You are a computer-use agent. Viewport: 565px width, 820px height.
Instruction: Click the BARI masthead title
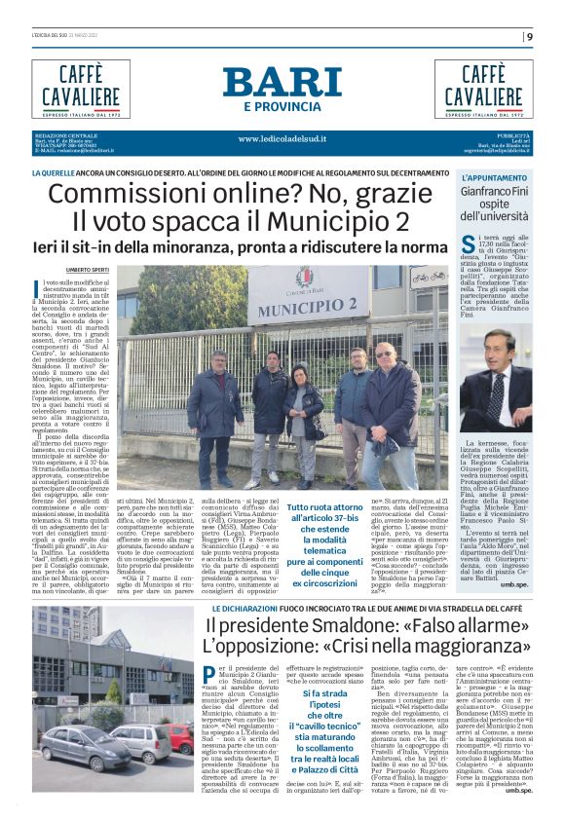coord(282,82)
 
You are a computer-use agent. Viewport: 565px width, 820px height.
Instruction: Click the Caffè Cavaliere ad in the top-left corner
coord(80,88)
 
